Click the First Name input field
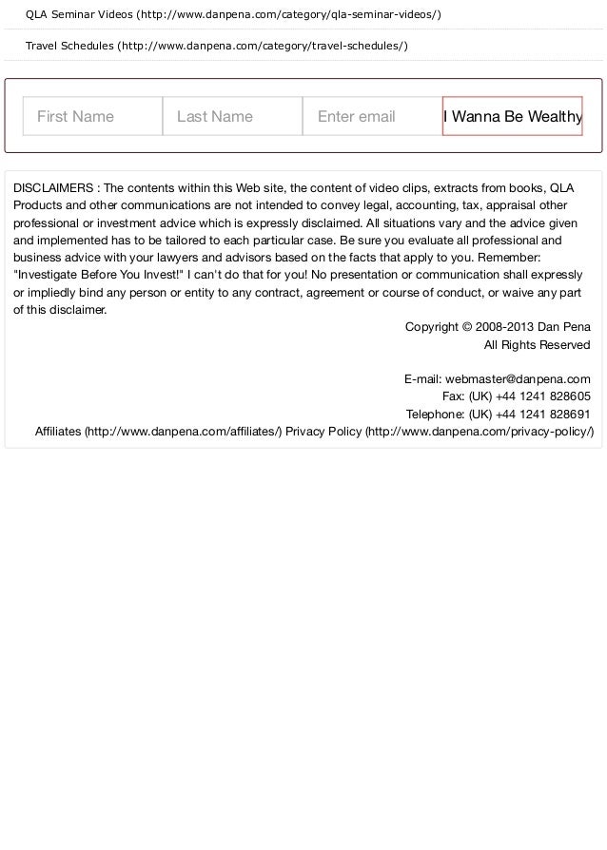92,116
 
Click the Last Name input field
232,116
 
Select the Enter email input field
372,116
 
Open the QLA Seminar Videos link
233,15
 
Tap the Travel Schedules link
217,47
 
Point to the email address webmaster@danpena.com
518,378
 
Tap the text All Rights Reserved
537,344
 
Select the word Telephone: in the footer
436,414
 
